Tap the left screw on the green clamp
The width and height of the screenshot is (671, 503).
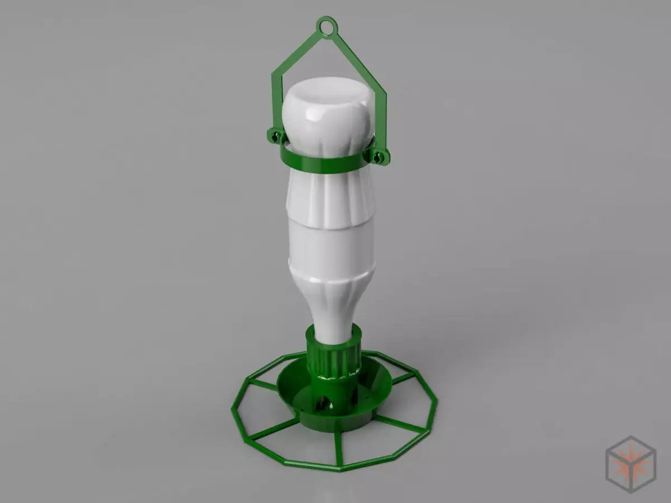(x=274, y=136)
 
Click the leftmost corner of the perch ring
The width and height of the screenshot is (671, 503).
(x=233, y=412)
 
